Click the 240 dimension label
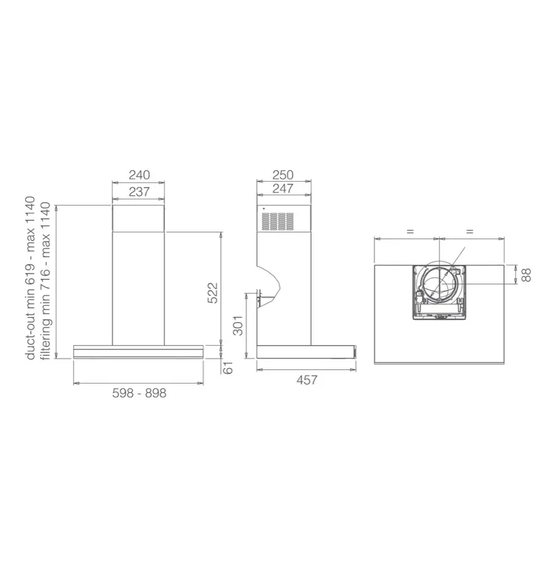(x=139, y=175)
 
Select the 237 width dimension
(x=139, y=191)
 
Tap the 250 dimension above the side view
(x=283, y=175)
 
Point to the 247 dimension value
(x=283, y=188)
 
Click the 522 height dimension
(x=213, y=293)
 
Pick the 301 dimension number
(x=238, y=325)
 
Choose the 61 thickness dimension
(x=229, y=368)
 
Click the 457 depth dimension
(x=307, y=380)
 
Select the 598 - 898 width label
(x=139, y=393)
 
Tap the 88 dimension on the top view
(x=527, y=275)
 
